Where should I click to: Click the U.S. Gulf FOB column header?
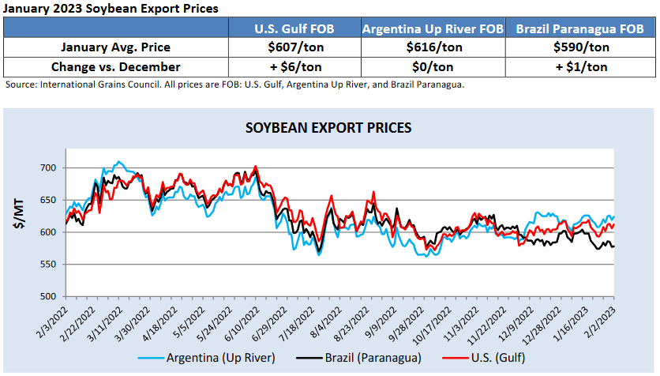294,29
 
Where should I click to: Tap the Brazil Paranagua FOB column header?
579,29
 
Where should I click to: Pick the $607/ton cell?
294,48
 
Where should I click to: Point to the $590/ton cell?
579,48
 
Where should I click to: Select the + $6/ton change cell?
294,67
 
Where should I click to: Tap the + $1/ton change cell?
579,67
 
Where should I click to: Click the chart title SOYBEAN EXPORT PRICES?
328,127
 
